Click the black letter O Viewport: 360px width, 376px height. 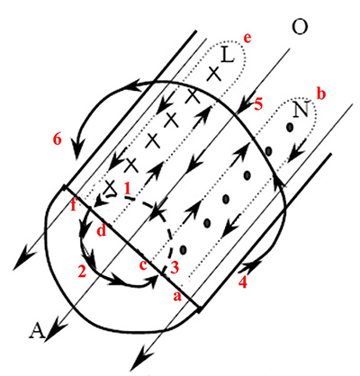[x=300, y=27]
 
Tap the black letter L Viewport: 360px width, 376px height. [x=228, y=55]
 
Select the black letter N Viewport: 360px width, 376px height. [x=301, y=110]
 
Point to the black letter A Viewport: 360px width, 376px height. [x=38, y=331]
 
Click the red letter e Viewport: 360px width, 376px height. [x=247, y=39]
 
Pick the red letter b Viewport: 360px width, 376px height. [x=321, y=94]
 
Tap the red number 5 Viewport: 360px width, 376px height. [x=258, y=104]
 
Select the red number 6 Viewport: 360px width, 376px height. [x=58, y=139]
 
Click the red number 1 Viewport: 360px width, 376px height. [x=127, y=189]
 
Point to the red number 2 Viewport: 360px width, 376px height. [x=82, y=271]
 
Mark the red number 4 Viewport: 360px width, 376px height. [x=243, y=282]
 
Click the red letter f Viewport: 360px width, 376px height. [x=74, y=205]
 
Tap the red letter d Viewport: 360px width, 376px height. [x=101, y=230]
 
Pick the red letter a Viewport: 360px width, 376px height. [x=177, y=296]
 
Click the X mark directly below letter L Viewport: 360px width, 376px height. [x=214, y=74]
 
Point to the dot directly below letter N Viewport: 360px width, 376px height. [x=290, y=128]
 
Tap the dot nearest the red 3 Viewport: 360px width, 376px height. [x=183, y=249]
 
